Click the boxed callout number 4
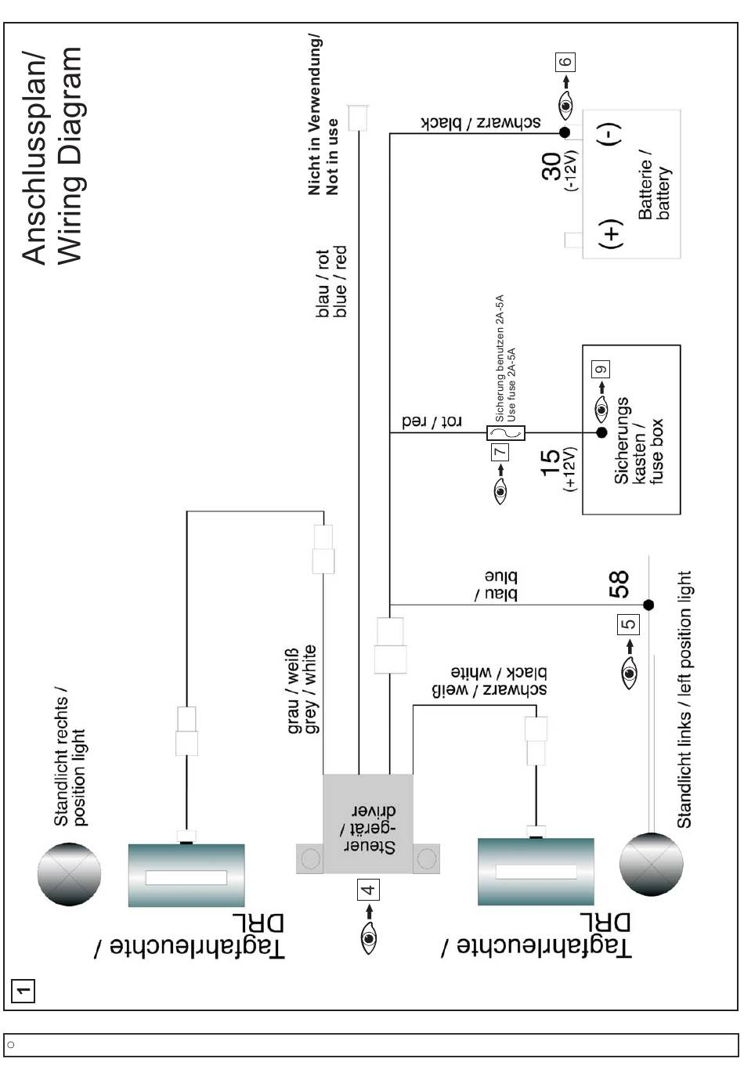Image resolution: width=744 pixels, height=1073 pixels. (x=368, y=889)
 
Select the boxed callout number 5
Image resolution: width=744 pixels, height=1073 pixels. (x=629, y=624)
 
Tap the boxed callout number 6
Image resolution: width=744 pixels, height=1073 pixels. (x=565, y=62)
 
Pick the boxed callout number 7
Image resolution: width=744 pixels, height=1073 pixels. (x=500, y=452)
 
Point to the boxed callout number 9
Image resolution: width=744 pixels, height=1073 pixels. (x=601, y=370)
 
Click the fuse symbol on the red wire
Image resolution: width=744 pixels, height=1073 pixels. (x=506, y=432)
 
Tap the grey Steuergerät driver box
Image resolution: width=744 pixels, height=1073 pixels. (x=368, y=823)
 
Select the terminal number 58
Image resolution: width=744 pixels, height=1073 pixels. (x=619, y=584)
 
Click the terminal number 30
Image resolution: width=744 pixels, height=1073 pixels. (x=552, y=167)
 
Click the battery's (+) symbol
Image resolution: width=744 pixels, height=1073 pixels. (x=612, y=233)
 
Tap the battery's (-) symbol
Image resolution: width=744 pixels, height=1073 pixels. (x=612, y=134)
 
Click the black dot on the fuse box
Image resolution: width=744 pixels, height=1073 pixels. (x=601, y=432)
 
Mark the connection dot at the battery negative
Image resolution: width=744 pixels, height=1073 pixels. (x=563, y=134)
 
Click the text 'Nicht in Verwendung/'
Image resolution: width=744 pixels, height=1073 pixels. (x=315, y=114)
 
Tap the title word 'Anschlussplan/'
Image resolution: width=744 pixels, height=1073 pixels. (x=34, y=157)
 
